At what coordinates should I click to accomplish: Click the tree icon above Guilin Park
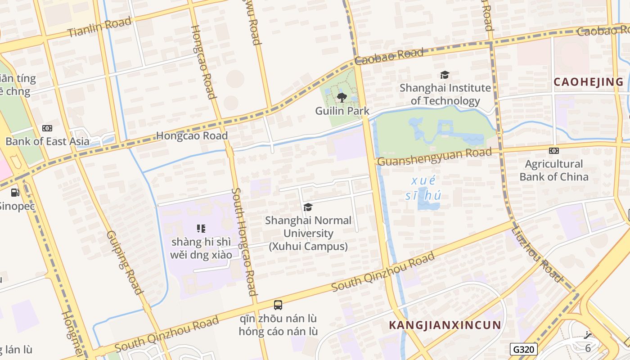[342, 97]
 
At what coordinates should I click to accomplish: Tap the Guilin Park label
[342, 111]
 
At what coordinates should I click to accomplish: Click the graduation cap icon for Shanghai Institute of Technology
[445, 75]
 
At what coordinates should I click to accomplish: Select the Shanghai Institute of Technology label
[445, 94]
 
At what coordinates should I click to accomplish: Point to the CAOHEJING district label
[589, 82]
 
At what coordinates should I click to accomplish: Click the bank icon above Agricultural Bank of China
[554, 151]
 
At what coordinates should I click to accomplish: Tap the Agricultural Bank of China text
[554, 170]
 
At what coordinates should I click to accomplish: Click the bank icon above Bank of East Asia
[47, 128]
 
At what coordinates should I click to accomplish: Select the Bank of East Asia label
[47, 141]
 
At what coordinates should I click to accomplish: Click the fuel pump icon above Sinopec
[15, 193]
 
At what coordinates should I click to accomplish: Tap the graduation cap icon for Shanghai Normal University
[308, 207]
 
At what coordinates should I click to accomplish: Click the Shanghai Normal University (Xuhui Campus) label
[308, 233]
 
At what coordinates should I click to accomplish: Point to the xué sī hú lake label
[423, 188]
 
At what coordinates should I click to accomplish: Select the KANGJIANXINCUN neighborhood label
[445, 325]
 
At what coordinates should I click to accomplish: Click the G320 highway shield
[524, 349]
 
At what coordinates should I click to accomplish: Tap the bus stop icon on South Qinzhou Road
[278, 305]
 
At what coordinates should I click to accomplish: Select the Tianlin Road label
[99, 27]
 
